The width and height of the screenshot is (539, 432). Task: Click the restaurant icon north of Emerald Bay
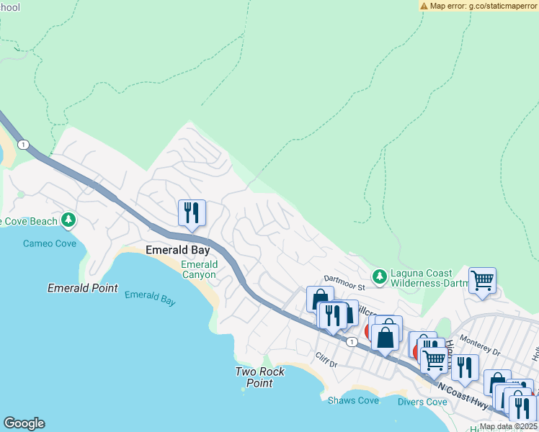[192, 212]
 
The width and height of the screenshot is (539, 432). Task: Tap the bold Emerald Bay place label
[177, 250]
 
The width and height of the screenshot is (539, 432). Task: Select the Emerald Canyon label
[198, 269]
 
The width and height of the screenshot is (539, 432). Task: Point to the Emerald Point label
[82, 288]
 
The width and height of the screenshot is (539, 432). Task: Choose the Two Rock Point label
[260, 377]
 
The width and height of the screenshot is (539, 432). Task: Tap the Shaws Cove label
[352, 400]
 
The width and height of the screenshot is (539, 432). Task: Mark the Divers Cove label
[422, 402]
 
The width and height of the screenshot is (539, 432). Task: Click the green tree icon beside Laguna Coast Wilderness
[379, 276]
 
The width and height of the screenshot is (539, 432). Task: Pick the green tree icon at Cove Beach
[68, 219]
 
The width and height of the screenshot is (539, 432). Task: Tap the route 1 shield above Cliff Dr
[350, 341]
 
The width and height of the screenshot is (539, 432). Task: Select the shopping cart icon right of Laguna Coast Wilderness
[482, 281]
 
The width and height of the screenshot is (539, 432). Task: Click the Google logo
[24, 423]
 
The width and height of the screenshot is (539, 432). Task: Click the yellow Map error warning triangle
[424, 6]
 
